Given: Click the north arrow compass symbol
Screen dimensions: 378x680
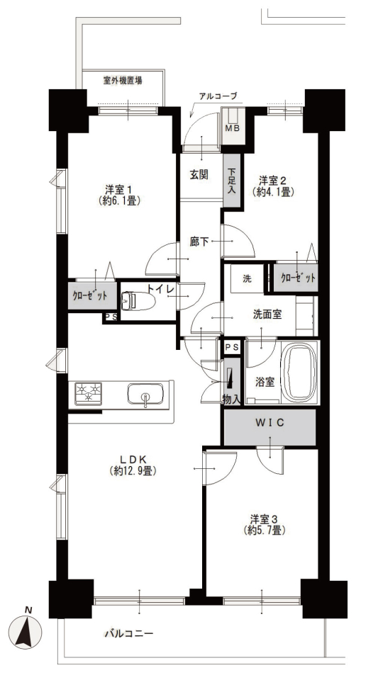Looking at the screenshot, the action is click(26, 630).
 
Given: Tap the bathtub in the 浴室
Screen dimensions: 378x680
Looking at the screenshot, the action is click(299, 372).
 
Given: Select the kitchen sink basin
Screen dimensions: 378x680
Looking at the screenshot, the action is click(145, 394).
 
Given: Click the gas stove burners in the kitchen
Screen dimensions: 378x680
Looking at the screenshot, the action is click(88, 394).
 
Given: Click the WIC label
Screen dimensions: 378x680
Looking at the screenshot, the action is click(269, 423).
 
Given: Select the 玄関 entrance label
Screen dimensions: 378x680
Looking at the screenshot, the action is click(199, 175).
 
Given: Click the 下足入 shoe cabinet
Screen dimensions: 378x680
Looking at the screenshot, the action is click(231, 181).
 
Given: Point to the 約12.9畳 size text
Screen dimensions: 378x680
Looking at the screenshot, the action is click(133, 470).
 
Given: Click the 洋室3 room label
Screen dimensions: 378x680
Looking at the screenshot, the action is click(263, 518).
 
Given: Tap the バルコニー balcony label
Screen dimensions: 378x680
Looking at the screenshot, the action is click(129, 633).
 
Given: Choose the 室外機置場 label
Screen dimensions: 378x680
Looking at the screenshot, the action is click(123, 80).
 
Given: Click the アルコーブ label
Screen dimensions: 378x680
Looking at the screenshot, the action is click(218, 96).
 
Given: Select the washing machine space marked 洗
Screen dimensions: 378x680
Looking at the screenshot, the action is click(246, 278).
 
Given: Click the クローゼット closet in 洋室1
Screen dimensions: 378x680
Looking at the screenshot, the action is click(92, 296).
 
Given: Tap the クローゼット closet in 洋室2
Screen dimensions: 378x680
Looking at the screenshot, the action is click(296, 278).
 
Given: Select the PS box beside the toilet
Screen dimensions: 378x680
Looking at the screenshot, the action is click(110, 317).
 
